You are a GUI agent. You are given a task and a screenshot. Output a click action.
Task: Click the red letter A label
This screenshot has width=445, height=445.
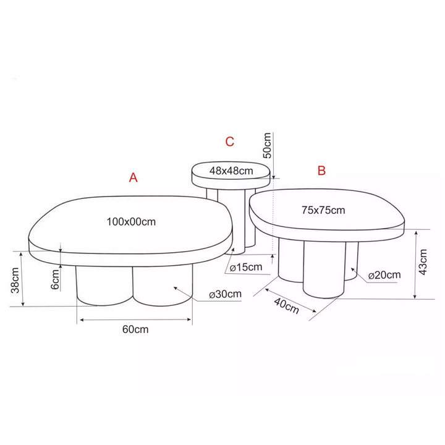tap(133, 177)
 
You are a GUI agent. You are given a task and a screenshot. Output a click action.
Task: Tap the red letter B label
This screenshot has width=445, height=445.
tap(321, 171)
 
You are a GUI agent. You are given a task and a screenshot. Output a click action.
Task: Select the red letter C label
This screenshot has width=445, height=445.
tap(229, 142)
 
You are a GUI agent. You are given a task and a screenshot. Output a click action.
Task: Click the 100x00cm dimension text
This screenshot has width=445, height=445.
tap(131, 222)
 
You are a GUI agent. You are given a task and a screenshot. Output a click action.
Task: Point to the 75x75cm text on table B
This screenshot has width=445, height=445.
tap(323, 210)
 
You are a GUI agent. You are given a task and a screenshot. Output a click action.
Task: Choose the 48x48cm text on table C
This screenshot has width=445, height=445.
tap(231, 171)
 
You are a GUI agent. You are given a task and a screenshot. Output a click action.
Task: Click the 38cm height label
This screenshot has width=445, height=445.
tap(15, 280)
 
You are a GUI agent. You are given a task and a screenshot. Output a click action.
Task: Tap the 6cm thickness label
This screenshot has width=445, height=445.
tap(56, 279)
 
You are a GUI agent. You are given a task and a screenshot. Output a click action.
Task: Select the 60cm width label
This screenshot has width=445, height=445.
tap(135, 329)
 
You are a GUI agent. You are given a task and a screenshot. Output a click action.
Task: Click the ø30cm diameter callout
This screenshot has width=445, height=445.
tap(226, 294)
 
